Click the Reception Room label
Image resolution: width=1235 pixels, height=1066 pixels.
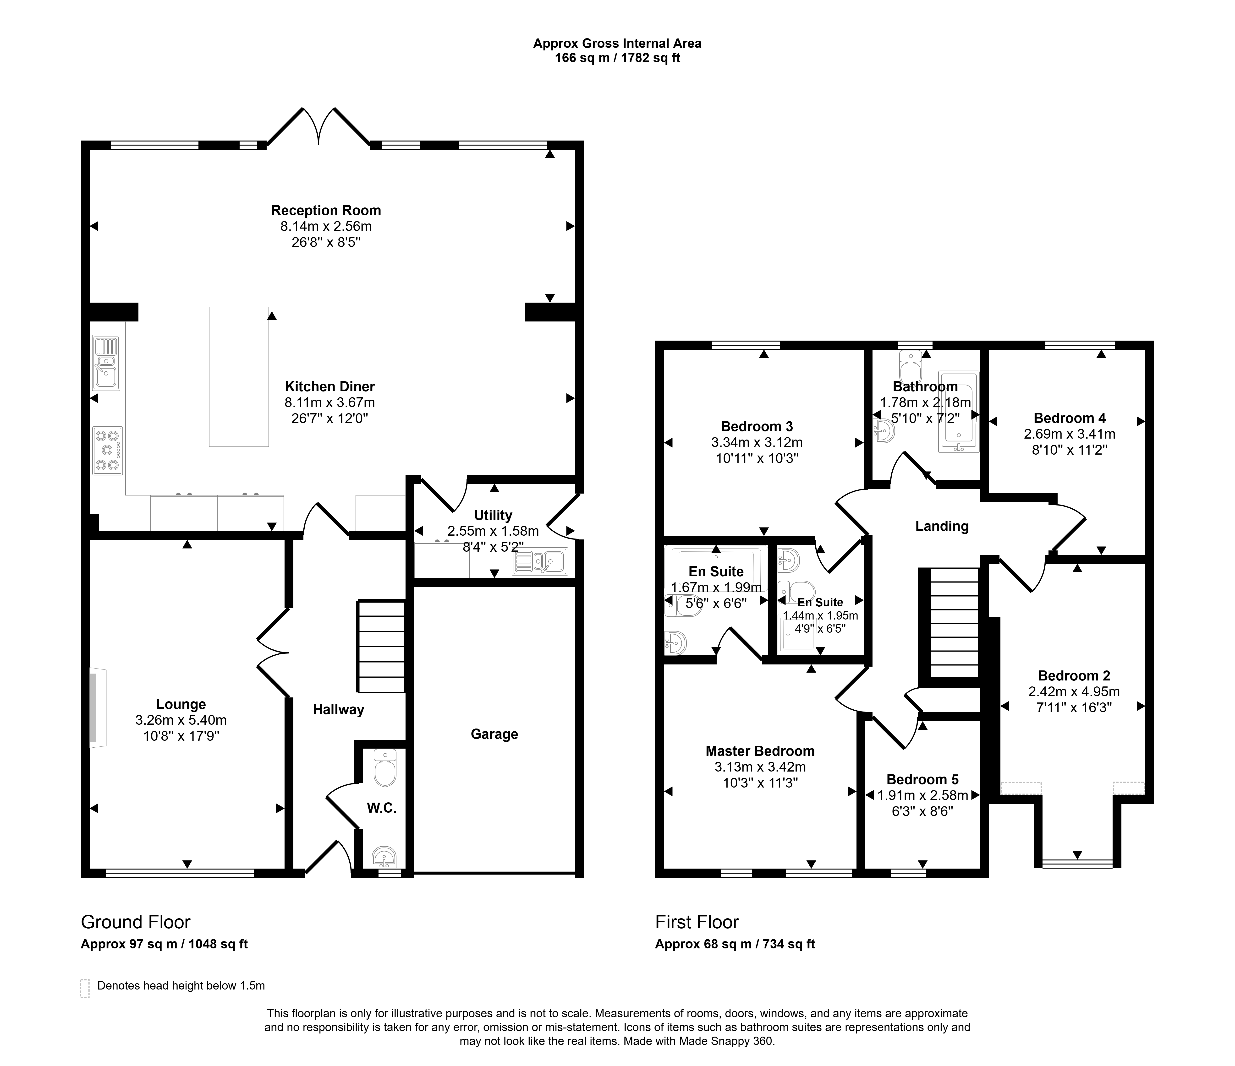coord(326,210)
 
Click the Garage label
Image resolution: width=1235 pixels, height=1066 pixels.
coord(494,734)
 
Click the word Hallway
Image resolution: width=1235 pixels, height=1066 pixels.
coord(339,710)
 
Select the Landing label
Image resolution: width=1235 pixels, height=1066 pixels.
coord(942,526)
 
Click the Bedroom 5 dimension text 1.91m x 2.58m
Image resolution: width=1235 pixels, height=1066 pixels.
coord(923,795)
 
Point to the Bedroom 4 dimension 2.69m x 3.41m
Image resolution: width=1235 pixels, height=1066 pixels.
coord(1070,434)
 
